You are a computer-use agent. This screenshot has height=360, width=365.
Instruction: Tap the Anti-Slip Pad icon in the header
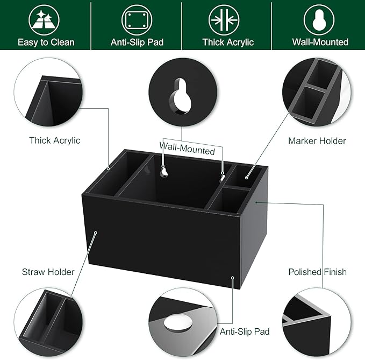137,20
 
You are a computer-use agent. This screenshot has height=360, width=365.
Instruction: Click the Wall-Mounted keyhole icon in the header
319,20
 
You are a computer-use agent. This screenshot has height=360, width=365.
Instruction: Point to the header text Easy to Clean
46,42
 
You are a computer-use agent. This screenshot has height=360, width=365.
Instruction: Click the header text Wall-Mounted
320,42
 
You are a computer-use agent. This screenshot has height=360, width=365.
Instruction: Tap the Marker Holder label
317,141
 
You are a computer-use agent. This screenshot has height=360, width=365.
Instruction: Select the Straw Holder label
48,272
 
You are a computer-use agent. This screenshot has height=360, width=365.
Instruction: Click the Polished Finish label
317,272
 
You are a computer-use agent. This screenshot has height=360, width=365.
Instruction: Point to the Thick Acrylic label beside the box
54,140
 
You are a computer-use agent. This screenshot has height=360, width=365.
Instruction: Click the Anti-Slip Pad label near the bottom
245,331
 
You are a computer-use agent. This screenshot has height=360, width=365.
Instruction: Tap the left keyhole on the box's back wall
164,172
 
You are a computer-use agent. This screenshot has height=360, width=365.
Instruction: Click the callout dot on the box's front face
96,233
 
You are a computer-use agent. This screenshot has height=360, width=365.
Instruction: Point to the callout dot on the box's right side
257,202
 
